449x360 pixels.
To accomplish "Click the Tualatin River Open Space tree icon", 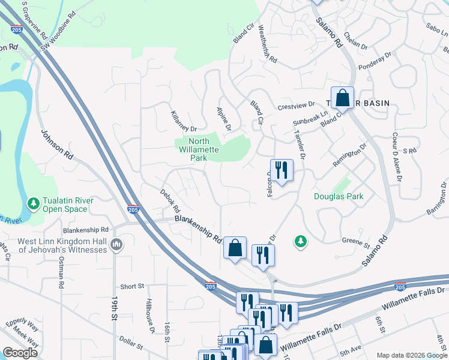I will [x=33, y=204].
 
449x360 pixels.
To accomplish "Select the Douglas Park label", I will [x=339, y=196].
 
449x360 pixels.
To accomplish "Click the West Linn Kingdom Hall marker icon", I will [x=116, y=245].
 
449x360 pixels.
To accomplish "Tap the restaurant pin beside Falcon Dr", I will [x=281, y=170].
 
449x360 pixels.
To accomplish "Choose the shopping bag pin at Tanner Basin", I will [x=342, y=98].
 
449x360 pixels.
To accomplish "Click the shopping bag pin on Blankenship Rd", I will [x=235, y=247].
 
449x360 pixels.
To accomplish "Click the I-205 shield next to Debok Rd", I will [x=133, y=209].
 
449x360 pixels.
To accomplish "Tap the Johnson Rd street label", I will [x=56, y=145].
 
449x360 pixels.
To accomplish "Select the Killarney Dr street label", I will [x=184, y=121].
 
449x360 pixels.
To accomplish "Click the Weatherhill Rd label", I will [x=267, y=44].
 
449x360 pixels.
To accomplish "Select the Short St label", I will [x=132, y=287].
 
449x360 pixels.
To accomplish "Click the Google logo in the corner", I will [x=20, y=352].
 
